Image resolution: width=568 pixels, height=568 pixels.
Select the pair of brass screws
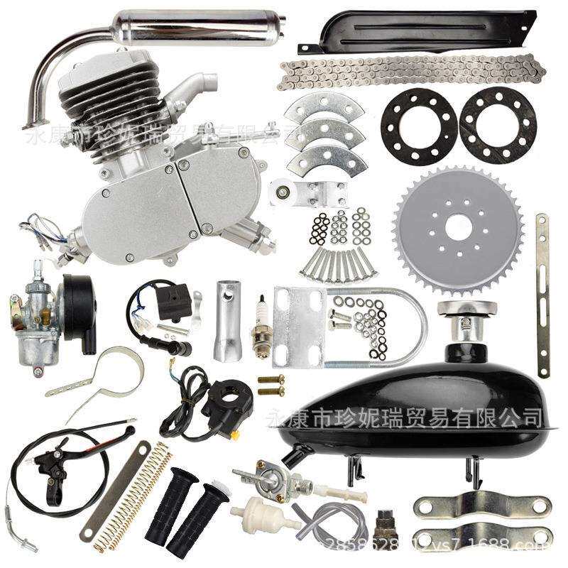tap(271, 385)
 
